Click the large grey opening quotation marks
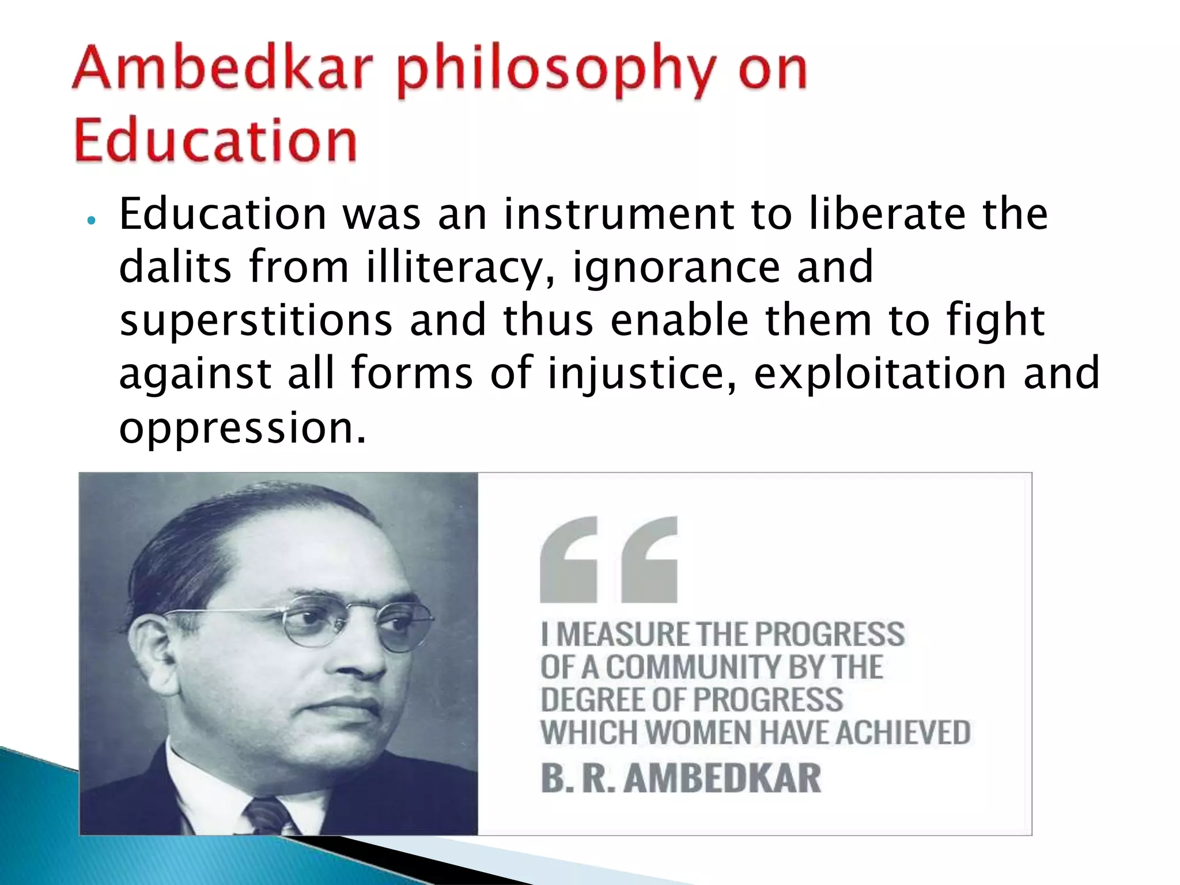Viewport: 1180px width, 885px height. [x=608, y=559]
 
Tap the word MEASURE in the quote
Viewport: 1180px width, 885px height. [x=623, y=634]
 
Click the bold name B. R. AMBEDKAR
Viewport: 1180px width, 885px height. [x=680, y=778]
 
